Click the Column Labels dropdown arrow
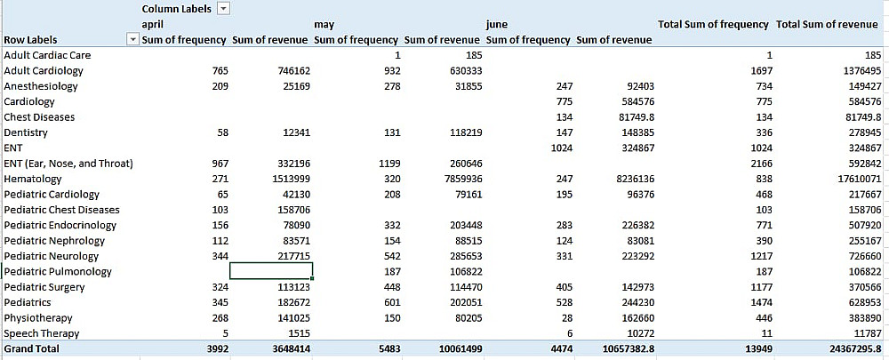(223, 8)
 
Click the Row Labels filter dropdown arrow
(133, 39)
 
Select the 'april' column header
(153, 25)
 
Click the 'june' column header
(497, 25)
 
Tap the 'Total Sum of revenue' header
(827, 24)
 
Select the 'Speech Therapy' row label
(41, 333)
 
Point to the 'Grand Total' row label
(32, 349)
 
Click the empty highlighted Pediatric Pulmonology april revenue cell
(271, 271)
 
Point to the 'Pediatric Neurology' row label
(52, 256)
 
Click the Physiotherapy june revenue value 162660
(633, 318)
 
